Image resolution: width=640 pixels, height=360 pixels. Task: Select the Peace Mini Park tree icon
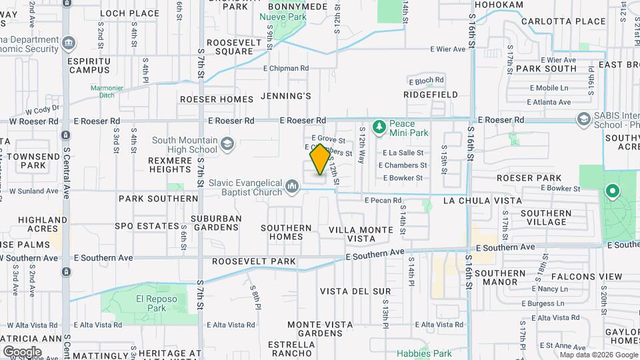(379, 127)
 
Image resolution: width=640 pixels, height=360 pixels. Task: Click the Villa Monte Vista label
(361, 233)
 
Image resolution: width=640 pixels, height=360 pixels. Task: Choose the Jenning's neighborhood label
(286, 96)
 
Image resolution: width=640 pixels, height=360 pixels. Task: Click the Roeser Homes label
(217, 99)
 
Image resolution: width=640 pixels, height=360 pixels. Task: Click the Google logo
(22, 351)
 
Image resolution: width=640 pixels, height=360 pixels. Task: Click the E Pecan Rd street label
(383, 200)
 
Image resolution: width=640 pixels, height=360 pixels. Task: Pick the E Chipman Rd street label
(286, 68)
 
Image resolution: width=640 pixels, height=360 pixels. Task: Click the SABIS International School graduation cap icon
(584, 119)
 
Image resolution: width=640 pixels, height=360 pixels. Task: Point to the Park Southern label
(158, 199)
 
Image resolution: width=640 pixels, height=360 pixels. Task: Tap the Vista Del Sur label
(355, 291)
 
